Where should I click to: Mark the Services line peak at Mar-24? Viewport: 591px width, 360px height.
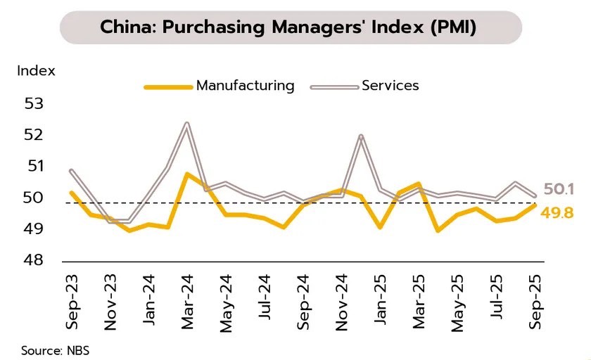coord(186,124)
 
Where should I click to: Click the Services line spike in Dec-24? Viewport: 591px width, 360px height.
coord(360,136)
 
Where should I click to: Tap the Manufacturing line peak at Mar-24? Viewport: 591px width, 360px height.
coord(186,173)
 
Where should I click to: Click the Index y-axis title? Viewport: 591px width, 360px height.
coord(36,70)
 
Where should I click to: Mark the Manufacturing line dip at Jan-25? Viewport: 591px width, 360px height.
coord(380,227)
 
